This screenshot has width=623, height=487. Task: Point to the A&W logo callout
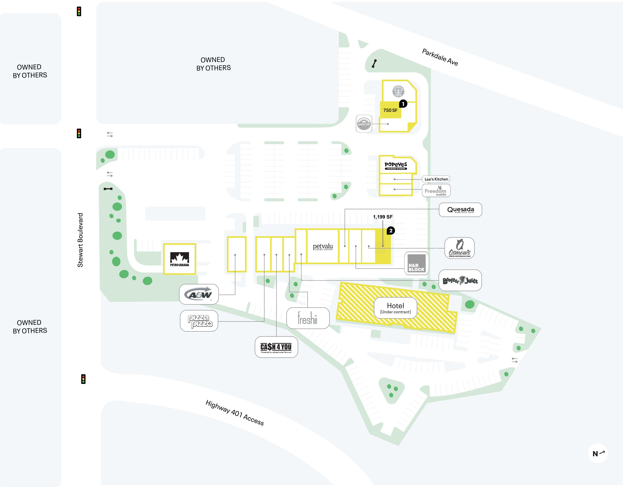coord(199,294)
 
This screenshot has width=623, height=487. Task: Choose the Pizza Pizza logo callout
coord(199,321)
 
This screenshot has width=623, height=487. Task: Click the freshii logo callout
coord(308,318)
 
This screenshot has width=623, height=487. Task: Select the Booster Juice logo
coord(460,280)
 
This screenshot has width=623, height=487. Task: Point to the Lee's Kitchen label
coord(436,179)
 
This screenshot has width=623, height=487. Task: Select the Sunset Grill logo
coord(364,124)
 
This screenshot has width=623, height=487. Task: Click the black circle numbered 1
coord(403,104)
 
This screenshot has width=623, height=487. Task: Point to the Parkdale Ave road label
coord(440,57)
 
